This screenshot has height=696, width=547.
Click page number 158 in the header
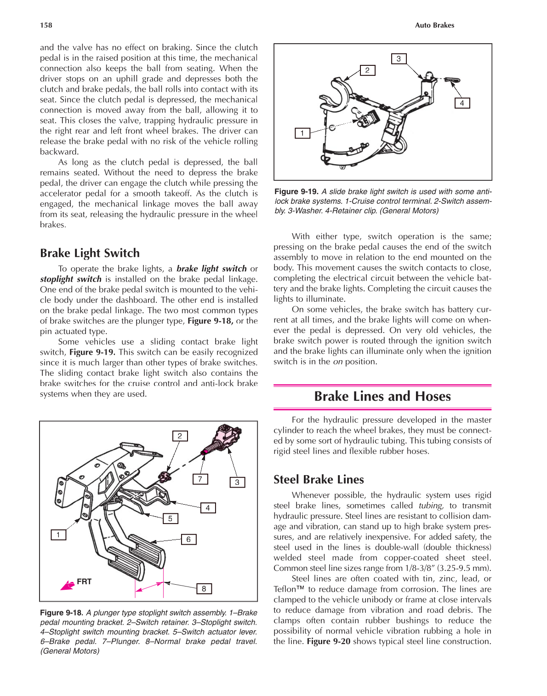[x=46, y=25]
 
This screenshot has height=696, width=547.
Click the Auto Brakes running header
[x=434, y=25]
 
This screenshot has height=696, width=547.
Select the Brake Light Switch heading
[x=90, y=253]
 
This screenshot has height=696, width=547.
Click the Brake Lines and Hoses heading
[x=382, y=396]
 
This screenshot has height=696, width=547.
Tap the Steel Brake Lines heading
[x=319, y=479]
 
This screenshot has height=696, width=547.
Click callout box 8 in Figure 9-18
[x=204, y=588]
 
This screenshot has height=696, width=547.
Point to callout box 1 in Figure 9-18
[x=58, y=535]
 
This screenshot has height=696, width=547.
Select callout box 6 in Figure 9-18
[x=188, y=539]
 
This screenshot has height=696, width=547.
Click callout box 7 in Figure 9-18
[x=200, y=479]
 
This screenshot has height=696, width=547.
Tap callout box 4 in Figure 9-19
[x=462, y=103]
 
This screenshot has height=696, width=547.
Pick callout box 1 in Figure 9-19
[x=302, y=133]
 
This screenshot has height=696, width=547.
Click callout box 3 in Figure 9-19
[x=399, y=59]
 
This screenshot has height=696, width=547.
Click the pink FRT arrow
[x=68, y=585]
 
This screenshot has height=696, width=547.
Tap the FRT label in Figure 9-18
[x=84, y=581]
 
